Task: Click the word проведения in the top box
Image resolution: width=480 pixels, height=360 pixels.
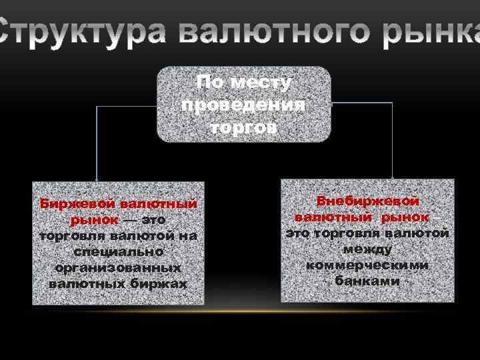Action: point(243,105)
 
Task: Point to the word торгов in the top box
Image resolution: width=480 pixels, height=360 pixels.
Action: point(243,127)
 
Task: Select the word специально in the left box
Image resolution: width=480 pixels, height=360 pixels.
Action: point(119,252)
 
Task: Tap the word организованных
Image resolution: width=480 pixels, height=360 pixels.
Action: point(119,268)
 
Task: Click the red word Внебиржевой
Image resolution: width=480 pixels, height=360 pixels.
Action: point(367,201)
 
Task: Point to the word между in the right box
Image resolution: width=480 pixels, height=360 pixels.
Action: point(367,249)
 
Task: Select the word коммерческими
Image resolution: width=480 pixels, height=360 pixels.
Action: point(367,265)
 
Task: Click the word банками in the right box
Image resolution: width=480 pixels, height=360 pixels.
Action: point(367,281)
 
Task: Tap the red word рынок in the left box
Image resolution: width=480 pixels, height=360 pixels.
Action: point(93,219)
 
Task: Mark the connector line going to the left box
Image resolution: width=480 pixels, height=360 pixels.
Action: point(97,140)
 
